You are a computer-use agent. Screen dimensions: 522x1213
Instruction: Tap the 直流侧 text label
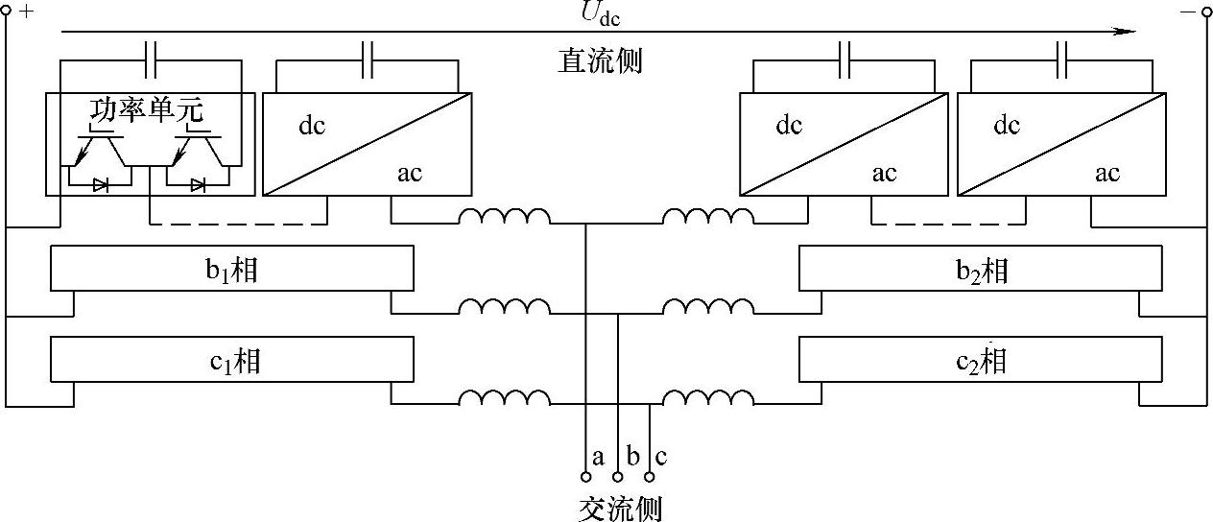600,61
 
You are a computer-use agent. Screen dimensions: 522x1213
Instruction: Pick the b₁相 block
232,269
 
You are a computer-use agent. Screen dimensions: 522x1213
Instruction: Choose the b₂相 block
982,269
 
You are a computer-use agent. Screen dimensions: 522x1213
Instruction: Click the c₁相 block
232,361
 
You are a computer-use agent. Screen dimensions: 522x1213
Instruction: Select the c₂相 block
982,361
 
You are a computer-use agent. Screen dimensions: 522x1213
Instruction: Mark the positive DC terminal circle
7,11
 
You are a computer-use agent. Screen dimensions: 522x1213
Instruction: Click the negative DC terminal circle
1206,11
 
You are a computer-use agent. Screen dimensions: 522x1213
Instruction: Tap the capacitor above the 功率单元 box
151,60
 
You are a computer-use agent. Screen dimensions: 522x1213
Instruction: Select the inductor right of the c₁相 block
505,399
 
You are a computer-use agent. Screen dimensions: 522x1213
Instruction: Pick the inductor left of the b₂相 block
708,307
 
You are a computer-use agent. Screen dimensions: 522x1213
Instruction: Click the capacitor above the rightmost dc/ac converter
1062,60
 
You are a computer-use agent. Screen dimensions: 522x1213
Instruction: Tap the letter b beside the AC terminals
632,457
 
